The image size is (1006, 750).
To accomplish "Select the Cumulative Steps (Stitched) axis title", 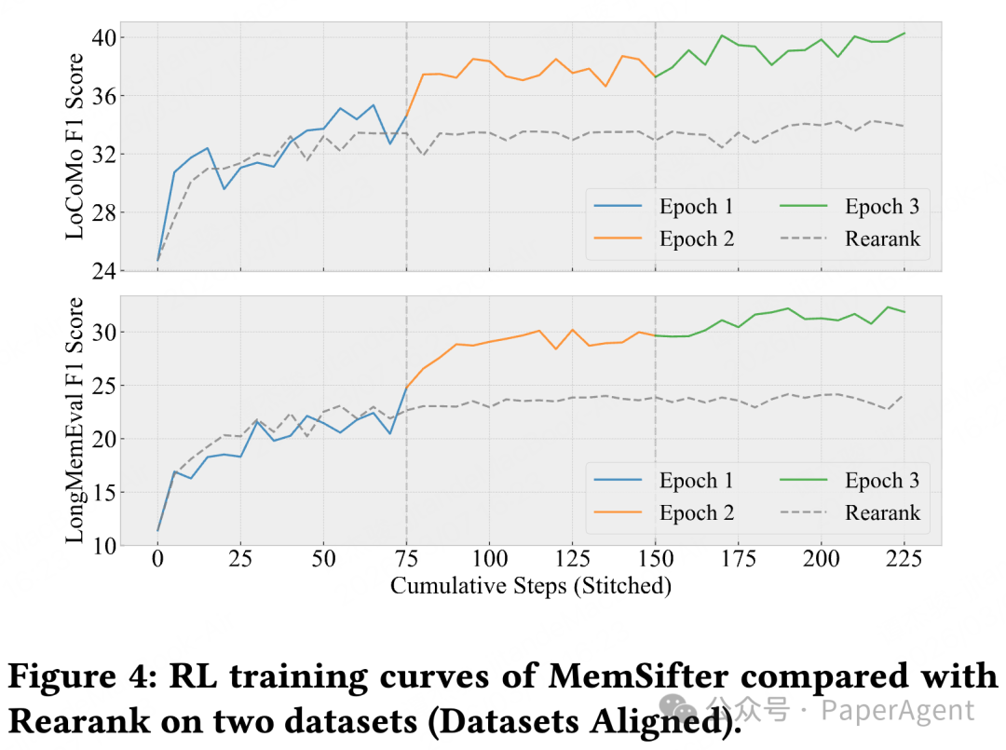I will click(531, 585).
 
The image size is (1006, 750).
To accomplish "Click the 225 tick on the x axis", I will click(904, 559).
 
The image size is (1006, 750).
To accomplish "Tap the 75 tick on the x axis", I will click(406, 559).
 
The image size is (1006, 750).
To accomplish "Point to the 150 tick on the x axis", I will click(655, 559).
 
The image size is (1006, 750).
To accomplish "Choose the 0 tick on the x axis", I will click(157, 559).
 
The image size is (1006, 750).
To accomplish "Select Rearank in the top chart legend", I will click(882, 239).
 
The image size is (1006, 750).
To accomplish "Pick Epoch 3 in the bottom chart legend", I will click(882, 481).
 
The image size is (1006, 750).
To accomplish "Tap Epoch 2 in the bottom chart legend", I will click(696, 512).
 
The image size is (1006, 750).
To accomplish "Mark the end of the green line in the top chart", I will click(904, 34).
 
